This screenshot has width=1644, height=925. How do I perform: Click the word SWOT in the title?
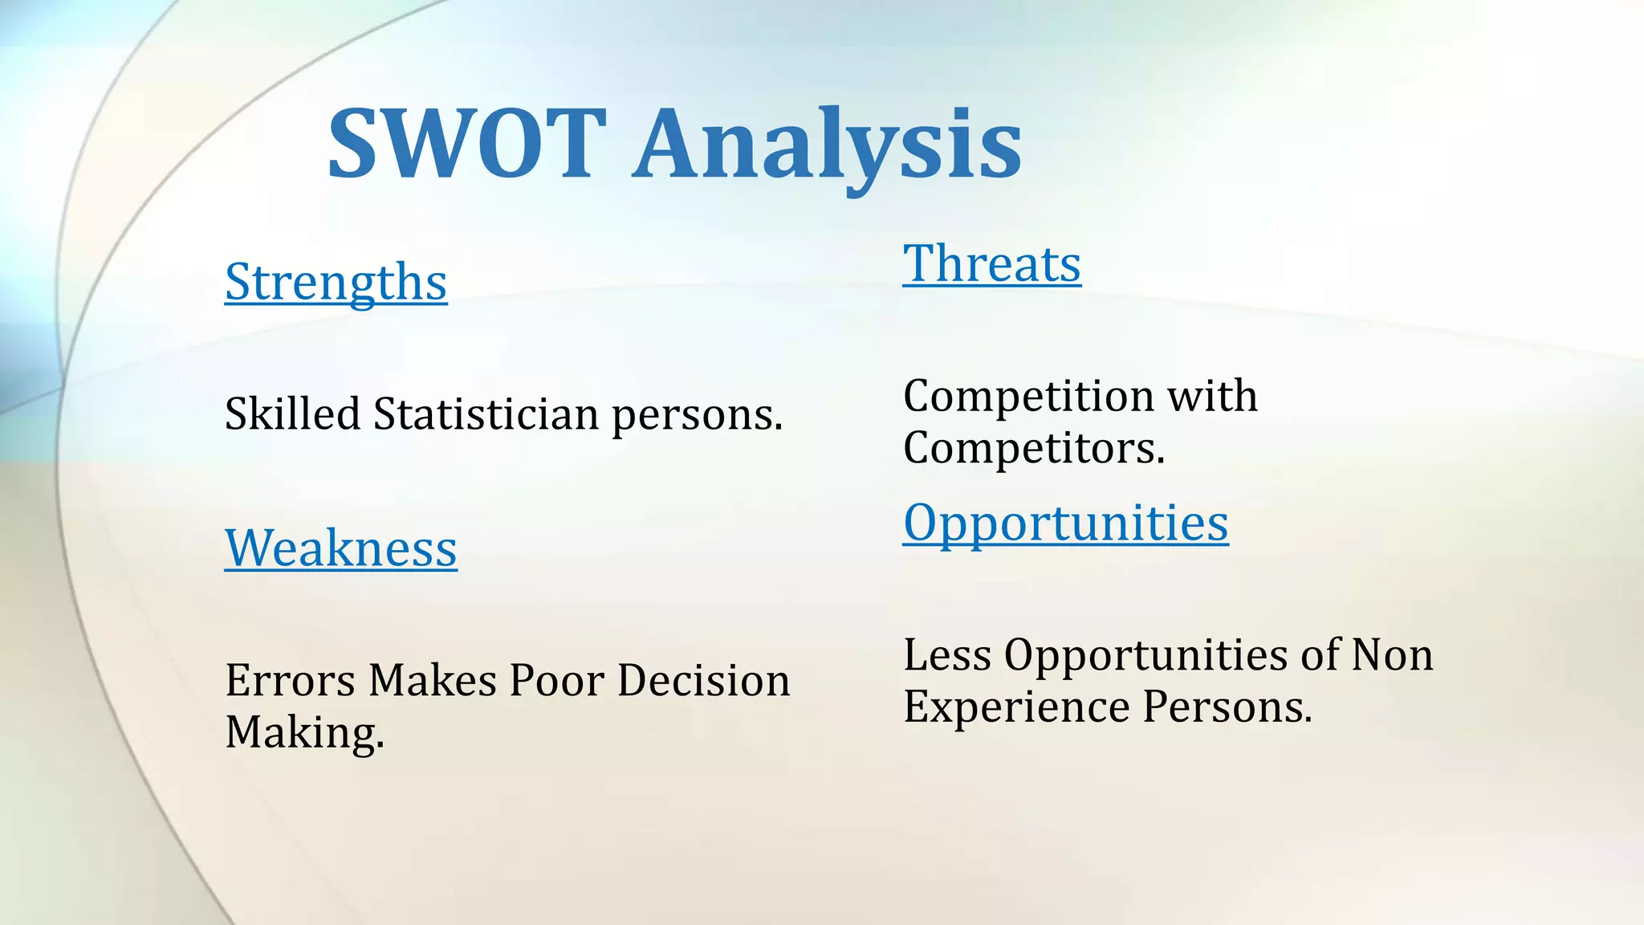(x=466, y=145)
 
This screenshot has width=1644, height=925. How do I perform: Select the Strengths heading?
(x=336, y=282)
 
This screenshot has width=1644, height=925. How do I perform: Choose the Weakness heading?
(x=340, y=548)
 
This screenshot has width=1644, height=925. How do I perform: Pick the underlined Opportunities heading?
(x=1065, y=523)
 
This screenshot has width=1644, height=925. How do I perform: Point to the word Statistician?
(x=486, y=414)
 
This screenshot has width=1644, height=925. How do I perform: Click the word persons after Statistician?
(x=697, y=416)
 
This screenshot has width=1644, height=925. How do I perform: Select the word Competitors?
(x=1033, y=448)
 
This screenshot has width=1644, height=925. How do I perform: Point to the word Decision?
(x=703, y=681)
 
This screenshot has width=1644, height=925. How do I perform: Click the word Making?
(x=303, y=733)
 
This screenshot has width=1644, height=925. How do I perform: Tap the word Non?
(x=1391, y=655)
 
